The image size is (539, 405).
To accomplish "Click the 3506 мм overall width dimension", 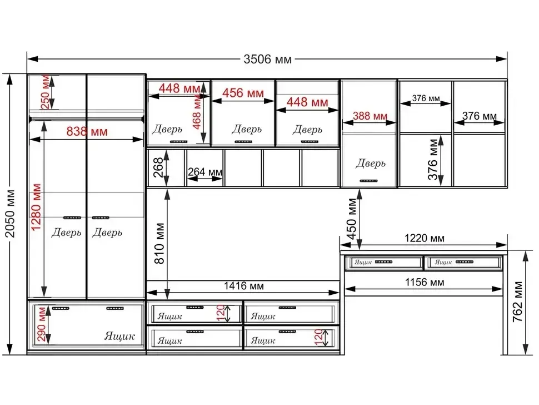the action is (267, 59).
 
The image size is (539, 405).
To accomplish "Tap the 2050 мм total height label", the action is (11, 214).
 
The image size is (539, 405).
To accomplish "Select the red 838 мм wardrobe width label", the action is (87, 131).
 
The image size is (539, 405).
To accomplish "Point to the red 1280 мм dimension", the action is (36, 207).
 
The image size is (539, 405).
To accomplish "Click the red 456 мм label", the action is (243, 93).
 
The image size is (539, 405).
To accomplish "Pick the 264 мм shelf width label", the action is (205, 172).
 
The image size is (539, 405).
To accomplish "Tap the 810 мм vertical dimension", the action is (159, 244).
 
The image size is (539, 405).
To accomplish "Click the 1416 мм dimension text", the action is (244, 285).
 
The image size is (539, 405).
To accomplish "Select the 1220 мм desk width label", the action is (424, 238).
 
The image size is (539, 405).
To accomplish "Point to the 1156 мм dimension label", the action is (425, 282).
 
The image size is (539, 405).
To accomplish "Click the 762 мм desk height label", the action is (518, 302).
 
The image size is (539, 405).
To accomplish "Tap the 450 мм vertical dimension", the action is (352, 219).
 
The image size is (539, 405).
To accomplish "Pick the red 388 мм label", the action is (370, 116).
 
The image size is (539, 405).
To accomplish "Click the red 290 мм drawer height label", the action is (41, 324).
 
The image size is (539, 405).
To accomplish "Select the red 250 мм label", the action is (45, 92).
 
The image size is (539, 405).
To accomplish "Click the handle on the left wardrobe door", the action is (72, 218).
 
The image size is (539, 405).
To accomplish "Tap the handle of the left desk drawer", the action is (383, 262).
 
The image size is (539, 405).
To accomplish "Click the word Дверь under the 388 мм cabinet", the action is (371, 163).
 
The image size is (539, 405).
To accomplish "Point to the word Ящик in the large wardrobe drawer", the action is (119, 336).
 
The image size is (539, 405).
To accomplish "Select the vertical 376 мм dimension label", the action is (433, 159).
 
